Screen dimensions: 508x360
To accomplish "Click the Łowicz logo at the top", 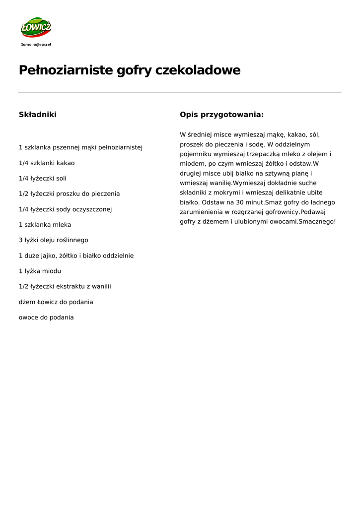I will pyautogui.click(x=36, y=28).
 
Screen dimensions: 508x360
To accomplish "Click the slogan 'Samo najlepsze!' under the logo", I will pyautogui.click(x=36, y=44).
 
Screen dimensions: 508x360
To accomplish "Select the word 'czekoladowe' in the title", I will pyautogui.click(x=198, y=70).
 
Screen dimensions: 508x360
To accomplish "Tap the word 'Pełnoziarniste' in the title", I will pyautogui.click(x=66, y=70).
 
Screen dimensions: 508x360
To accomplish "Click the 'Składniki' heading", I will pyautogui.click(x=38, y=115).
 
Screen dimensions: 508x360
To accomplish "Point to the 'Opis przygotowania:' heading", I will pyautogui.click(x=221, y=115).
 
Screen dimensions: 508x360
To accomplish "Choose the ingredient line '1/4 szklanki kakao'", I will pyautogui.click(x=47, y=163).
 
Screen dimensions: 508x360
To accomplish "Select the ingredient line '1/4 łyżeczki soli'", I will pyautogui.click(x=43, y=178).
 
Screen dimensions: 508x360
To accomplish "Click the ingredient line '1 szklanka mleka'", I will pyautogui.click(x=45, y=225).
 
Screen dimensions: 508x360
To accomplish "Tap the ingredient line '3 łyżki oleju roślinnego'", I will pyautogui.click(x=54, y=240).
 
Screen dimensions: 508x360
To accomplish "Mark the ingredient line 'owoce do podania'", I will pyautogui.click(x=46, y=317).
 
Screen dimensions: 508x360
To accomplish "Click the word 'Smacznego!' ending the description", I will pyautogui.click(x=317, y=222).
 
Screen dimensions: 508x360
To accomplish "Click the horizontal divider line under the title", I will pyautogui.click(x=180, y=92).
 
